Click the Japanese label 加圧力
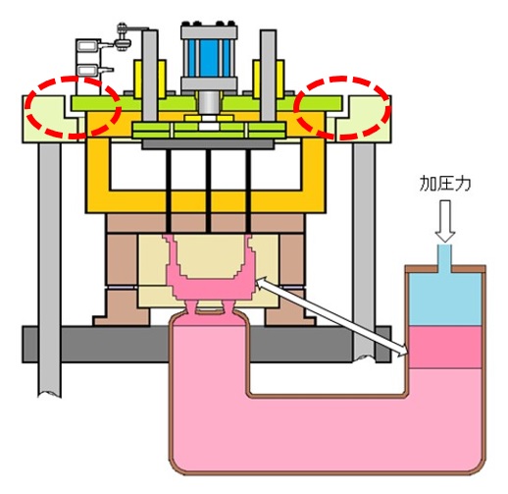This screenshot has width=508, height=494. tap(445, 184)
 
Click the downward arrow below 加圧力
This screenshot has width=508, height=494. tap(445, 221)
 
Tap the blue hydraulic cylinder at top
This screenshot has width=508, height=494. tap(209, 58)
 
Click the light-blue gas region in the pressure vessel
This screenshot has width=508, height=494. tap(445, 300)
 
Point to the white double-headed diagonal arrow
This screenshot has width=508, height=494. tap(331, 316)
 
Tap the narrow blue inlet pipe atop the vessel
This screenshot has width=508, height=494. tap(445, 258)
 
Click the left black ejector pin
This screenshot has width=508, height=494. tap(169, 191)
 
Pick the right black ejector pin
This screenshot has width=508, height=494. tap(248, 191)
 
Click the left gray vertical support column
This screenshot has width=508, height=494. tap(49, 268)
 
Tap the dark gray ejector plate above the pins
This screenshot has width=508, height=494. tap(208, 144)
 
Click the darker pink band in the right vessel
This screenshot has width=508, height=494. tap(445, 347)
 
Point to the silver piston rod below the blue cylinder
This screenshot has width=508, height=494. tap(209, 103)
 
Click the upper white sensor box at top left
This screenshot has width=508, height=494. tap(87, 45)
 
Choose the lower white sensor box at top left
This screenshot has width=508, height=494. tap(87, 70)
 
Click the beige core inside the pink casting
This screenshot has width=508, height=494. tap(211, 258)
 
